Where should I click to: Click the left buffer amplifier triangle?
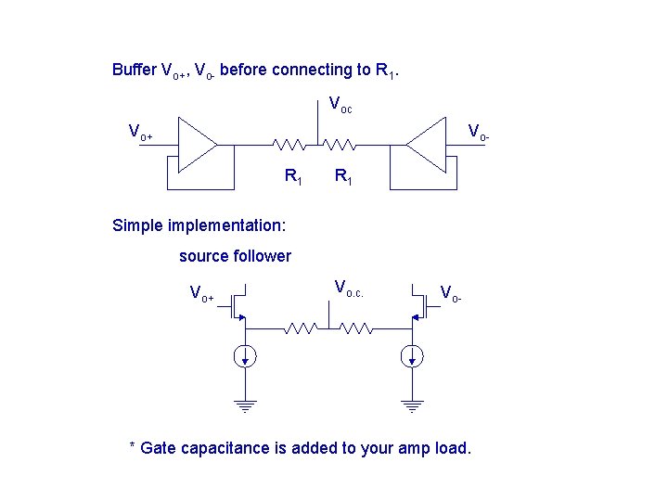coord(196,145)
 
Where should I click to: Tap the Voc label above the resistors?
coord(340,105)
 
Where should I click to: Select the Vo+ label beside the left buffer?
coord(140,132)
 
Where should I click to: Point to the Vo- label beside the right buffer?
coord(478,132)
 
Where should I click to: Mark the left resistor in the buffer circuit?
coord(289,145)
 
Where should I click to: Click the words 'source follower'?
coord(235,256)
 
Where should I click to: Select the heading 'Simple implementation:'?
coord(199,225)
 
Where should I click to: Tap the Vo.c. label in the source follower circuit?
coord(349,288)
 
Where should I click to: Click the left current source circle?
coord(246,356)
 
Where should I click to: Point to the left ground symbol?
coord(246,405)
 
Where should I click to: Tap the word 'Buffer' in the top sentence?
coord(135,70)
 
